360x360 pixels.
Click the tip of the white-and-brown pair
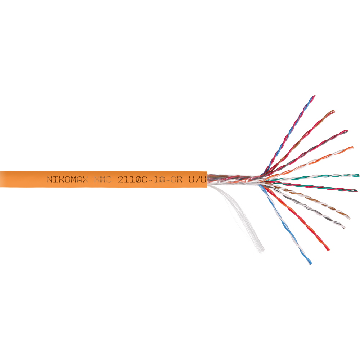349,217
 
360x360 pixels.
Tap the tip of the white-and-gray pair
343,227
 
